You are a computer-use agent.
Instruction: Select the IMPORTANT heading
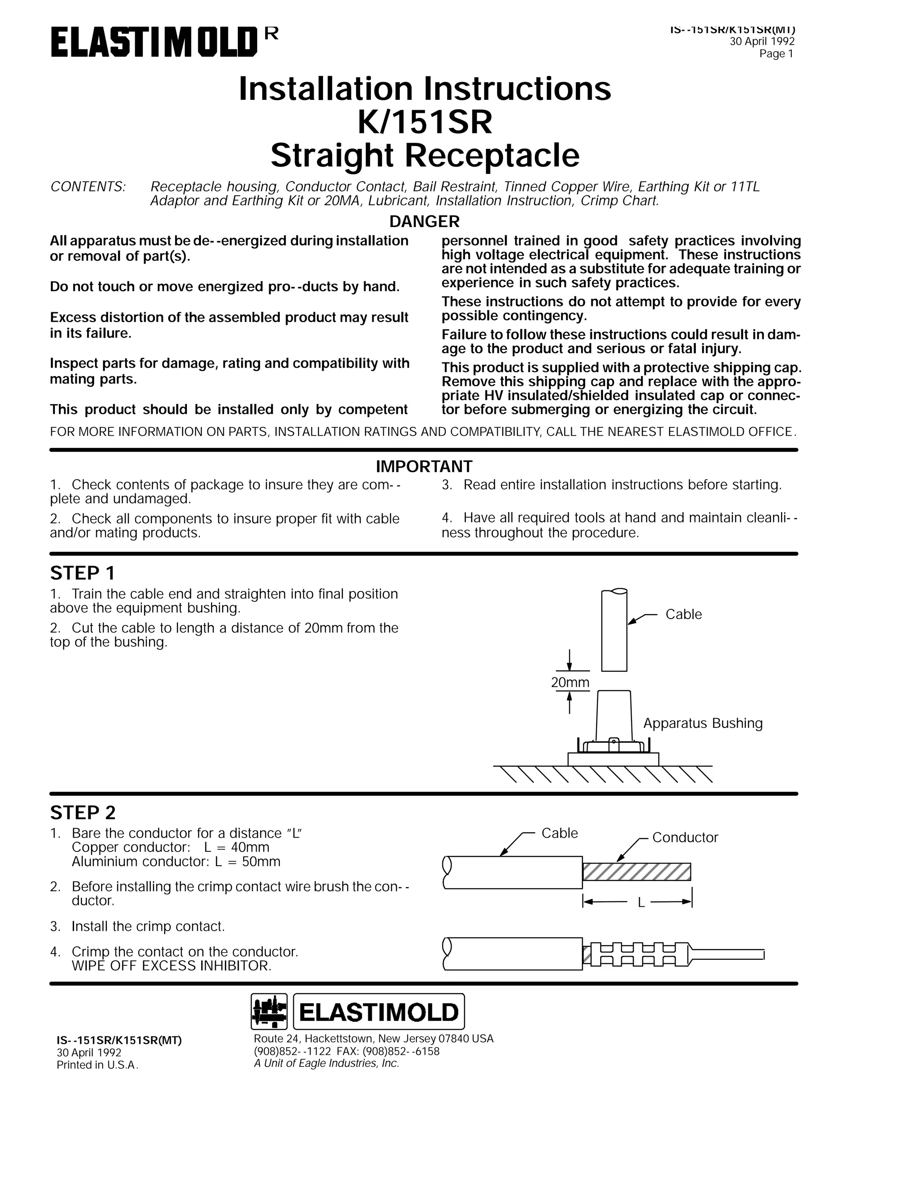[x=424, y=466]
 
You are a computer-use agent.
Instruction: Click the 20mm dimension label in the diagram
[x=569, y=682]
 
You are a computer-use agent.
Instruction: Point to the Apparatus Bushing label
[x=702, y=723]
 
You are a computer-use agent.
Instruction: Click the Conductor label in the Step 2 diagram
[x=685, y=837]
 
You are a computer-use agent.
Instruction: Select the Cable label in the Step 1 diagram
[x=683, y=614]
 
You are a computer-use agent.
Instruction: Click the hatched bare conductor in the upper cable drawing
[x=636, y=872]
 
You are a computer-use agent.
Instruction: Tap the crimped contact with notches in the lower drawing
[x=639, y=954]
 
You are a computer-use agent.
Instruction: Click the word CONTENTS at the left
[x=88, y=187]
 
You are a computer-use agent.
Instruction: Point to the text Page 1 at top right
[x=776, y=54]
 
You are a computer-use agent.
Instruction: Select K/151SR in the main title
[x=424, y=122]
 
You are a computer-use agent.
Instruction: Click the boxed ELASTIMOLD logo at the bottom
[x=378, y=1012]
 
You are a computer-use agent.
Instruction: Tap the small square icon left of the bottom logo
[x=270, y=1012]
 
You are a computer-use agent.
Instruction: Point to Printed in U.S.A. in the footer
[x=97, y=1065]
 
